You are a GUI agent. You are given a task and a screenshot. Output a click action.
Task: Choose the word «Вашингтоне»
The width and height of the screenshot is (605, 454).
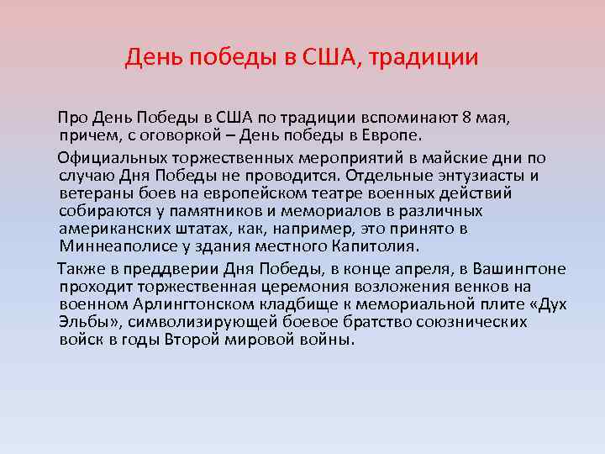[519, 268]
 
